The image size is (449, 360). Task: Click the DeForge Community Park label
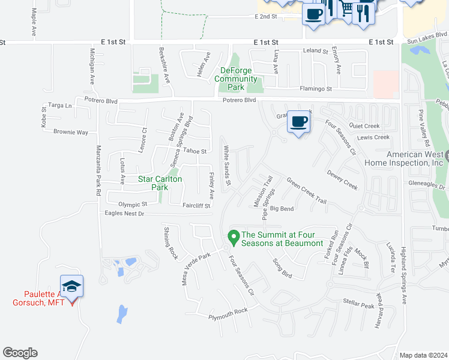point(235,79)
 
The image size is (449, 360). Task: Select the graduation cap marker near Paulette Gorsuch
point(71,286)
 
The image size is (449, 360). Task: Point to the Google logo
point(20,353)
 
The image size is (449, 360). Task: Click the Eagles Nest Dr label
point(125,214)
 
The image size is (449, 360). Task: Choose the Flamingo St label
point(316,89)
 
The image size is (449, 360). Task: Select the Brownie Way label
point(71,132)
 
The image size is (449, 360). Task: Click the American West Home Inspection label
point(416,158)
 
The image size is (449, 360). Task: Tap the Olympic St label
point(133,205)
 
